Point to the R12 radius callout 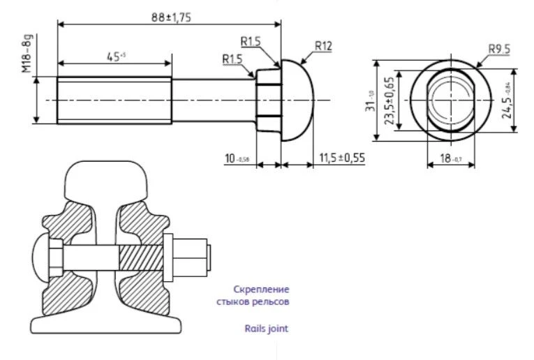click(x=322, y=46)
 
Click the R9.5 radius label click(x=498, y=49)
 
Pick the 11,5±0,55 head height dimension click(x=342, y=159)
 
